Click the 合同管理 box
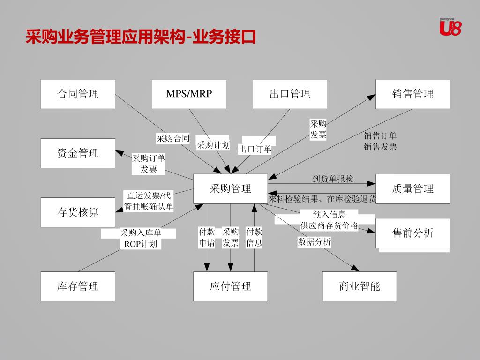[x=78, y=94]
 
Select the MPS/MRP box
[x=189, y=94]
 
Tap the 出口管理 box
[x=290, y=94]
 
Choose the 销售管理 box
[x=412, y=94]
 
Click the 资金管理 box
[x=78, y=153]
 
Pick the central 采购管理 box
[x=231, y=189]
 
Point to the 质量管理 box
[x=412, y=189]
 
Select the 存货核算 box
[x=78, y=212]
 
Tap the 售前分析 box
[x=412, y=233]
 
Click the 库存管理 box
[x=78, y=286]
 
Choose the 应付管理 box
[x=231, y=286]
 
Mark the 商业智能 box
[x=360, y=286]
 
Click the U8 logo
[x=450, y=27]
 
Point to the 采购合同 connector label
[x=173, y=138]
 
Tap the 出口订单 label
[x=255, y=150]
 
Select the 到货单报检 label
[x=333, y=179]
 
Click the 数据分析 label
[x=315, y=242]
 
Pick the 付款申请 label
[x=207, y=237]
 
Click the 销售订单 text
[x=380, y=136]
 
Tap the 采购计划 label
[x=213, y=145]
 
